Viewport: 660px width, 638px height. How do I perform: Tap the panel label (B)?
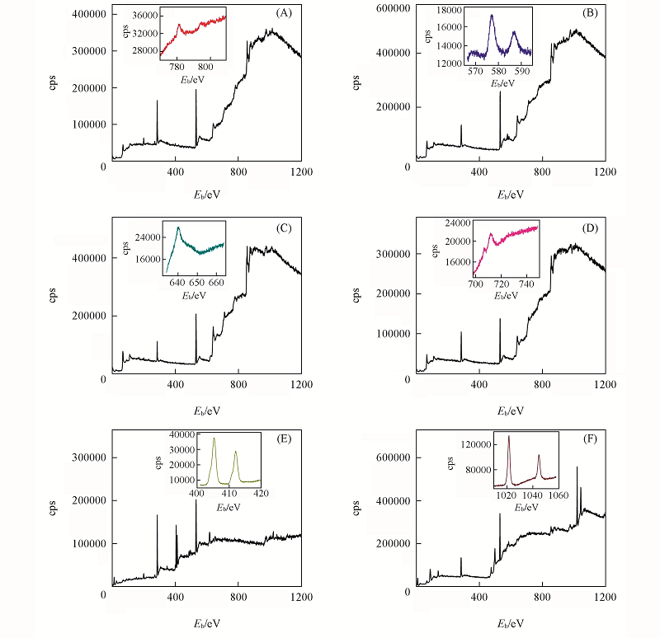589,13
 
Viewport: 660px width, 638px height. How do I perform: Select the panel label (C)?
285,227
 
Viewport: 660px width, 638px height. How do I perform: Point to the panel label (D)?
589,227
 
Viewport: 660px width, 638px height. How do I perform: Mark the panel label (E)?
285,438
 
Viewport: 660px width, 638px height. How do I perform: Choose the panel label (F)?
589,438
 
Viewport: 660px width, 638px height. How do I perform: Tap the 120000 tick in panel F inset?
475,444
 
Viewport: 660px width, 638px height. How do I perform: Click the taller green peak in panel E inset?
214,439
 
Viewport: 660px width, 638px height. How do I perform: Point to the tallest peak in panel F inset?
508,436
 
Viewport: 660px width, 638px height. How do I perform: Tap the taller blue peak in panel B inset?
492,15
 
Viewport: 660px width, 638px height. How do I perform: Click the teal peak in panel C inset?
177,228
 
